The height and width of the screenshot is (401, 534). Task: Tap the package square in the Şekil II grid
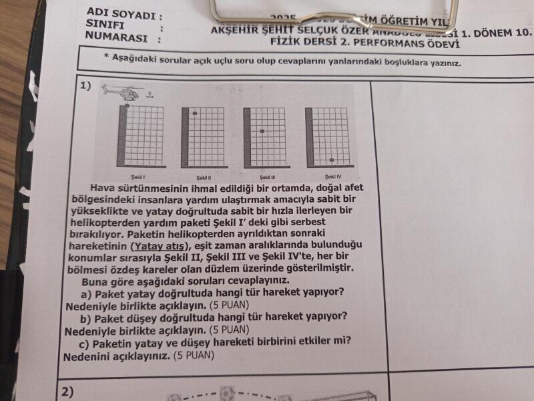(195, 114)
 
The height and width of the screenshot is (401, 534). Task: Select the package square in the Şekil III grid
(262, 132)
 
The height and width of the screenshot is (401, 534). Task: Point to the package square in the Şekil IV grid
(331, 160)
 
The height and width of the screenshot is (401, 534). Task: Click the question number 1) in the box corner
(85, 86)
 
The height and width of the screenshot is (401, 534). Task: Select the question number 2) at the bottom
(67, 391)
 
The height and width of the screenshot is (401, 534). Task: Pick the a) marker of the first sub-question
(86, 293)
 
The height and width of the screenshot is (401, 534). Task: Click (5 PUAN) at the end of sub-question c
(193, 356)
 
